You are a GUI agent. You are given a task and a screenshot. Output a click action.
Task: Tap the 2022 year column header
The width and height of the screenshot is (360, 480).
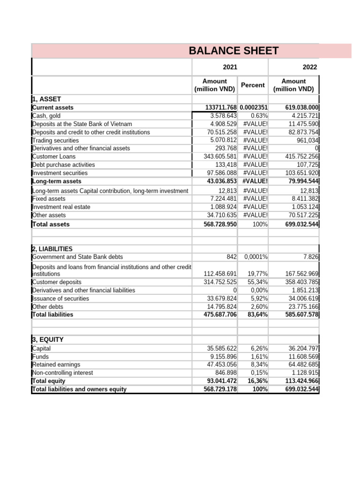tap(310, 67)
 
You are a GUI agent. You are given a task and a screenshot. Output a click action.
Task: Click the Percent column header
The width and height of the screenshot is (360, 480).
tap(253, 85)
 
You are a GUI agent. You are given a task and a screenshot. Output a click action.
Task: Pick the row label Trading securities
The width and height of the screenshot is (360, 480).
tap(55, 140)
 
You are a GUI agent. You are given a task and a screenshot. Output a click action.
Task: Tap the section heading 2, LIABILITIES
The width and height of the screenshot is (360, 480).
tap(52, 249)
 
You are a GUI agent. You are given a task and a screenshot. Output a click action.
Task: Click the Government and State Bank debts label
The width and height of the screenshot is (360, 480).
tap(77, 257)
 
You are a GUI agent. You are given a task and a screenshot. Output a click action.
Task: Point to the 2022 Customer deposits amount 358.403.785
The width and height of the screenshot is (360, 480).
tap(302, 282)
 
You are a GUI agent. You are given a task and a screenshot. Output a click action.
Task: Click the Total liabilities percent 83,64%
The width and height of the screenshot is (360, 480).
tap(257, 315)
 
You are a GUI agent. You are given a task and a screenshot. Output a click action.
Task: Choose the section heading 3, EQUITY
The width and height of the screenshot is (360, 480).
tap(47, 339)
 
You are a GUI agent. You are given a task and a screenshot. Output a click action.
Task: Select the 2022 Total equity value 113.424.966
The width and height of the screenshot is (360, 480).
tap(302, 381)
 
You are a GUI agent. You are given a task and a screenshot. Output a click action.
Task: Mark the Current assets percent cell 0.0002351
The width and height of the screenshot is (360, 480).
tap(253, 107)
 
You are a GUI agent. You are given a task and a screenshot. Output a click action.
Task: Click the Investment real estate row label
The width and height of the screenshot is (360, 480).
tap(61, 207)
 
